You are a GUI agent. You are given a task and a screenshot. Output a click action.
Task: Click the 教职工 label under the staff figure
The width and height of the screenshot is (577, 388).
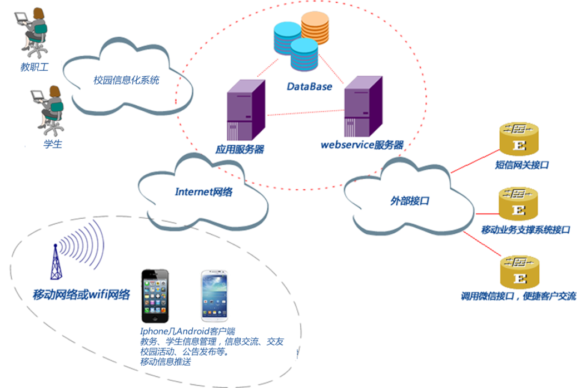pos(34,67)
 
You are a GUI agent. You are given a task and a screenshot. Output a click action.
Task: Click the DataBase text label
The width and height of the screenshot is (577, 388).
pos(309,86)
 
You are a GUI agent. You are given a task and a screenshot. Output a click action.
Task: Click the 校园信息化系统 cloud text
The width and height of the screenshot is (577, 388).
pos(126,80)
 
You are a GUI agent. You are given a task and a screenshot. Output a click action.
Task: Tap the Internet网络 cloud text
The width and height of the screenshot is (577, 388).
pos(203,192)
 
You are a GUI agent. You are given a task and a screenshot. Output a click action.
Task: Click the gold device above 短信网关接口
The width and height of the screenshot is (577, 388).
pos(519,140)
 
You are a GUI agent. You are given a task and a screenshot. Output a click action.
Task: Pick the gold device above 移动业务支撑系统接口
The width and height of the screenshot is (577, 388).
pos(519,204)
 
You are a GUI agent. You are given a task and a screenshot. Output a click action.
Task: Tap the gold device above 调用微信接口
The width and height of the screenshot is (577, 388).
pos(520,272)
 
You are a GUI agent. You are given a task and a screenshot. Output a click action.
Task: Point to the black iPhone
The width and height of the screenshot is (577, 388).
pos(155,296)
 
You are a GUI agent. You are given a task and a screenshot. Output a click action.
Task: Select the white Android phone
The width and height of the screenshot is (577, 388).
pos(215,296)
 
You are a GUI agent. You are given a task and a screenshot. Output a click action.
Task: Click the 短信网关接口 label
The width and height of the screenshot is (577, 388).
pos(522,165)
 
